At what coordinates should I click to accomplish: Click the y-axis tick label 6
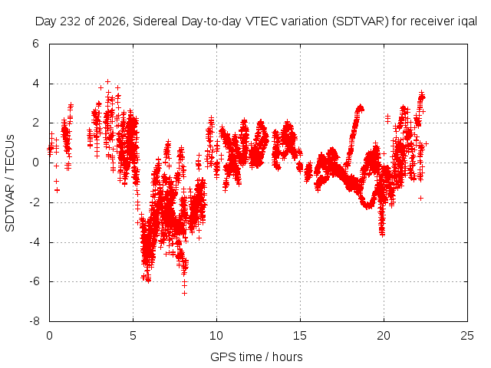(x=35, y=44)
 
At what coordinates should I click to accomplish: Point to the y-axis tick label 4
(x=35, y=84)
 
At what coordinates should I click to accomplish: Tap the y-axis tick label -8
(x=34, y=321)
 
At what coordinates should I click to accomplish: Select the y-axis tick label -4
(x=34, y=242)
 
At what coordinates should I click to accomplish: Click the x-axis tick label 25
(x=467, y=336)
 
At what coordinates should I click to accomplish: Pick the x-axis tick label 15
(x=300, y=336)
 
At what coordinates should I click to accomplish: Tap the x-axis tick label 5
(x=133, y=336)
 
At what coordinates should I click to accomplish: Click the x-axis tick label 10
(x=216, y=336)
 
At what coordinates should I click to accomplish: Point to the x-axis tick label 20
(x=384, y=336)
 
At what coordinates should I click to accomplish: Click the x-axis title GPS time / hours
(x=256, y=356)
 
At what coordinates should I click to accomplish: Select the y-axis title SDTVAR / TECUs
(x=10, y=183)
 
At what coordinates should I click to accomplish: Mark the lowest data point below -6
(x=184, y=293)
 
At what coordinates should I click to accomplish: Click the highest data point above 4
(x=107, y=82)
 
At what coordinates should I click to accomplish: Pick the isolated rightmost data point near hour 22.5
(x=426, y=143)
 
